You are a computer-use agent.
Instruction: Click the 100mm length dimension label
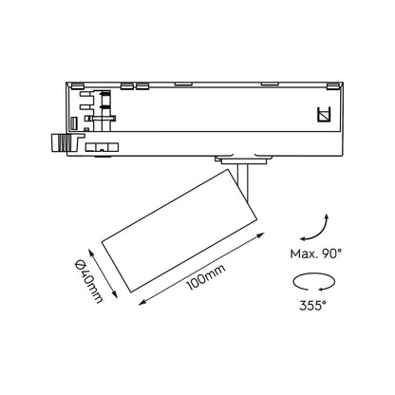206,277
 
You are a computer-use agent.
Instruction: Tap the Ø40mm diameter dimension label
89,281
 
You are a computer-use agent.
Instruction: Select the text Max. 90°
316,254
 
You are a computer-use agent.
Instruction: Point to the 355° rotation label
312,306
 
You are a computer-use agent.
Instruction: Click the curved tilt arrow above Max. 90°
320,231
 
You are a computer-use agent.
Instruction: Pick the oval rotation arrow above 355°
313,282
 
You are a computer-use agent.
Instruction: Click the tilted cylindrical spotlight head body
179,230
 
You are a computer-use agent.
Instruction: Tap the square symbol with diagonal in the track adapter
324,115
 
